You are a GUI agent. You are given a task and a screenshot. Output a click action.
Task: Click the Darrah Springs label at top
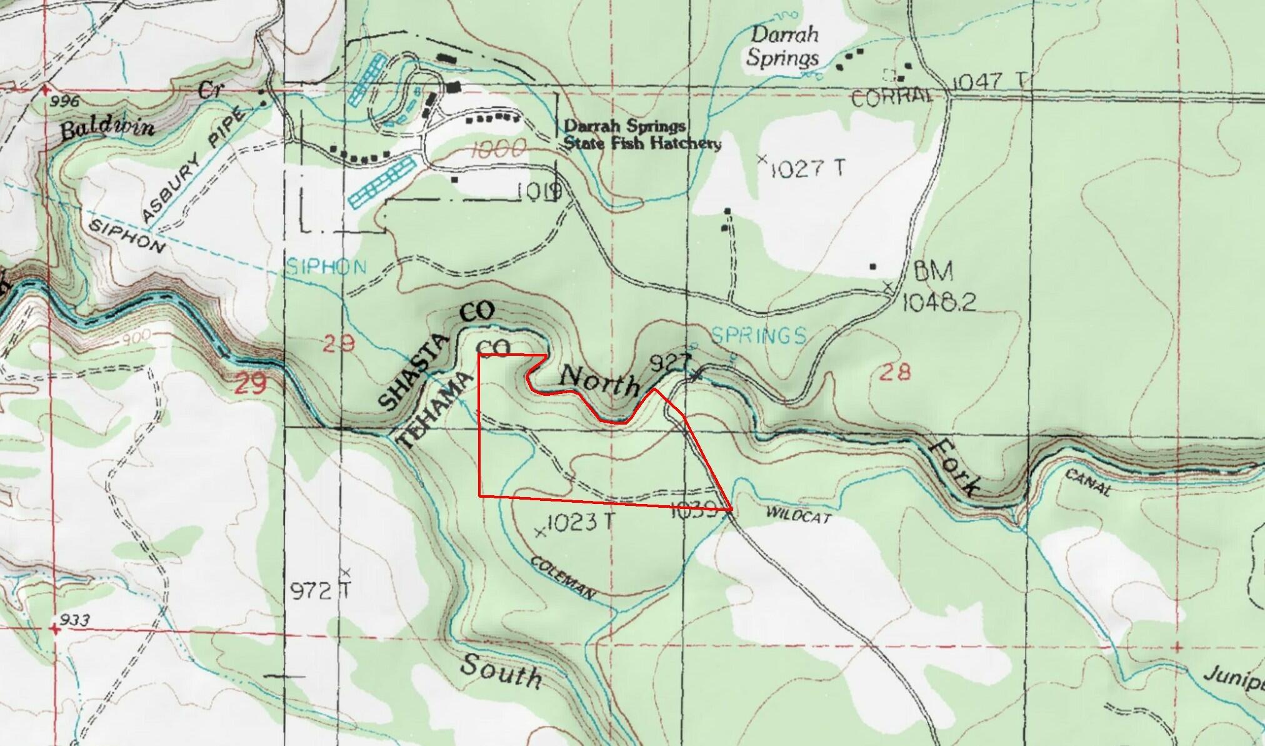tap(783, 46)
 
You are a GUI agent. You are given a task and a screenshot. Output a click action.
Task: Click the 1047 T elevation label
tap(989, 81)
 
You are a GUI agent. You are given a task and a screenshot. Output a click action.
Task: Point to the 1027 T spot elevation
tap(806, 168)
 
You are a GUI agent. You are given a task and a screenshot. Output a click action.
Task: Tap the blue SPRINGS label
tap(758, 336)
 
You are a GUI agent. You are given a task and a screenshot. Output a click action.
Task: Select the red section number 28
tap(894, 373)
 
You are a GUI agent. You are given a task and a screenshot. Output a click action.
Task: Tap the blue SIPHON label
tap(326, 268)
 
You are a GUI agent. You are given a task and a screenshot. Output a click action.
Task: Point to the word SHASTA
tap(414, 372)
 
